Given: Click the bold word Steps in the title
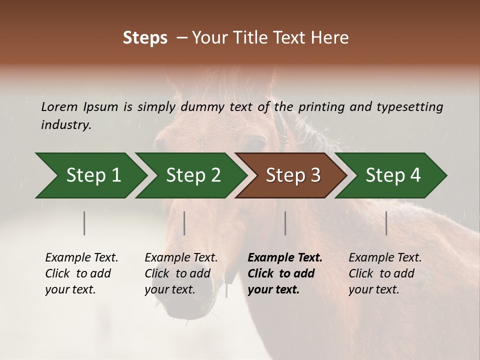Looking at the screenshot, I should tap(145, 38).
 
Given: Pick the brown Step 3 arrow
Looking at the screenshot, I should tap(292, 175).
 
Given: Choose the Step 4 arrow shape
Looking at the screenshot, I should tap(392, 175).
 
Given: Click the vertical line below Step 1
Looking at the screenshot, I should tap(84, 223).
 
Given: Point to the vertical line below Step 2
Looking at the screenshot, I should tap(184, 223).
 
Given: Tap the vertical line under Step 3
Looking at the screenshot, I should tap(285, 223).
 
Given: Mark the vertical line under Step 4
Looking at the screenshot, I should tap(386, 223).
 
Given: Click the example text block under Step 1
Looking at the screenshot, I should tap(81, 273).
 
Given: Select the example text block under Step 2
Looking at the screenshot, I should tap(181, 273).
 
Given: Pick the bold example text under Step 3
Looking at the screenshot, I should tap(284, 273).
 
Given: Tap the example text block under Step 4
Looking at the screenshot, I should tap(385, 273).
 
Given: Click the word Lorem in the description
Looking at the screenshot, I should tap(59, 106).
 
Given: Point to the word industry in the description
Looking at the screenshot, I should tap(66, 125).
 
